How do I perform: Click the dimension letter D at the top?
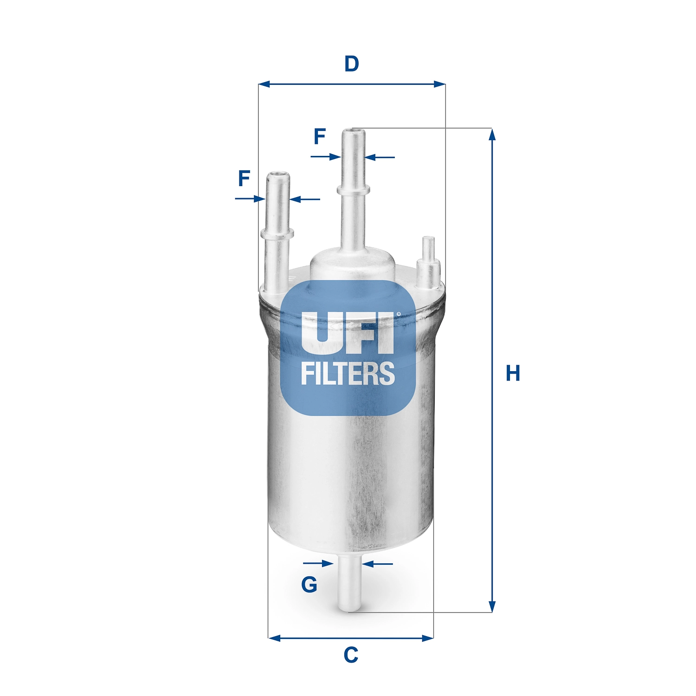(351, 64)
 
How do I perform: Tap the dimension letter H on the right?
(513, 374)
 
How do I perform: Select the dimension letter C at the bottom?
(351, 655)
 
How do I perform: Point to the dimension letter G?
(309, 585)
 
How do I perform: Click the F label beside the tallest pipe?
(320, 136)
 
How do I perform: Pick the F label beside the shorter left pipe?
(244, 179)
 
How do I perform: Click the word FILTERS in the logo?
(348, 374)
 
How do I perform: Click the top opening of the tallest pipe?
(354, 132)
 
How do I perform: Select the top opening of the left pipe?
(278, 175)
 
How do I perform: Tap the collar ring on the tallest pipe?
(354, 189)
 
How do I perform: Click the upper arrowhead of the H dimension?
(492, 135)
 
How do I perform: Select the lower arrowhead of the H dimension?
(492, 606)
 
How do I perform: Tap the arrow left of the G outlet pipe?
(327, 564)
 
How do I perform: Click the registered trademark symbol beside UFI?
(398, 314)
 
